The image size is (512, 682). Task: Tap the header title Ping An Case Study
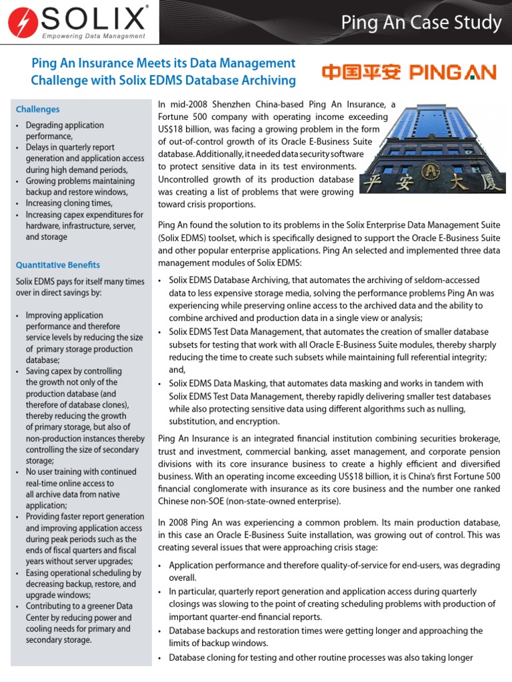click(x=421, y=23)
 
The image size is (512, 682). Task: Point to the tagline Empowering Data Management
click(x=93, y=36)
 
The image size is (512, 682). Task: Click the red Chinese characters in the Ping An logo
click(x=361, y=72)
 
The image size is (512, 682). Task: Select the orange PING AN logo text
click(x=453, y=72)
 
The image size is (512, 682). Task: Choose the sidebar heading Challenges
click(x=38, y=109)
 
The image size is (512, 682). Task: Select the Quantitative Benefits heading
click(x=58, y=264)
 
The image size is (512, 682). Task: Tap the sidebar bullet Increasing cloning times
click(x=69, y=203)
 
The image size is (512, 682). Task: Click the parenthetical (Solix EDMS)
click(x=183, y=238)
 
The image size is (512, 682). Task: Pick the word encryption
click(x=258, y=421)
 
